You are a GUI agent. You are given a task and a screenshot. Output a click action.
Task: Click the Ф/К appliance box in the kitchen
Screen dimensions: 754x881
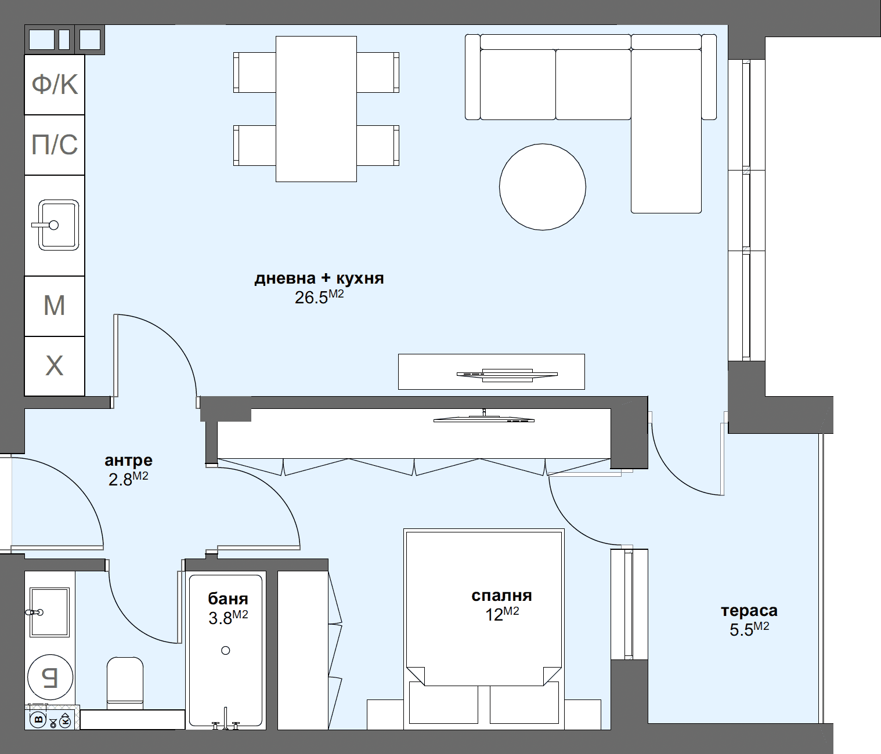(55, 85)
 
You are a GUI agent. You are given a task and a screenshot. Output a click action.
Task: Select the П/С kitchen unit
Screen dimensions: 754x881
(55, 145)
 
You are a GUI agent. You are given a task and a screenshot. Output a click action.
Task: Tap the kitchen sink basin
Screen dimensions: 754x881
(59, 225)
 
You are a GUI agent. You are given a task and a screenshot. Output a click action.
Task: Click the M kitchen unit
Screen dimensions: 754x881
(55, 306)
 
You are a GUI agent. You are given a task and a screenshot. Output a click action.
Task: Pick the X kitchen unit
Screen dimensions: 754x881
(55, 366)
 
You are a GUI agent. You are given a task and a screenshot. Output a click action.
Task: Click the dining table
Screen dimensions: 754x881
(316, 109)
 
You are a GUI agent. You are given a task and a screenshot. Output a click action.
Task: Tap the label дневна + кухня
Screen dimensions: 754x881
(319, 278)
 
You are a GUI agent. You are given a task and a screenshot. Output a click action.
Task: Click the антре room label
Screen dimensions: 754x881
(128, 461)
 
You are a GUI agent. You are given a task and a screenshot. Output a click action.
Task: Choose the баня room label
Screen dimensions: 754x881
(228, 599)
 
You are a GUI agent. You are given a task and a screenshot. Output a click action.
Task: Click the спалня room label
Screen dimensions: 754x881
(501, 596)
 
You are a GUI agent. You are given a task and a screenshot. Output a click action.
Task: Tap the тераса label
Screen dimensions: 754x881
(749, 611)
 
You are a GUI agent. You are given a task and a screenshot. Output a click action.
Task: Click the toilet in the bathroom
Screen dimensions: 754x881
(125, 682)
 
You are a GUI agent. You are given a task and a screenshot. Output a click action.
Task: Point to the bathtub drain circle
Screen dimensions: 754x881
(226, 650)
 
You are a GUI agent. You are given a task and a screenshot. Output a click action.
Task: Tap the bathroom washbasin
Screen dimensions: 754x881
(49, 612)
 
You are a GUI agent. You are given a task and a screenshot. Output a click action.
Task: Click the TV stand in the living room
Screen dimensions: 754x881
(491, 372)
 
